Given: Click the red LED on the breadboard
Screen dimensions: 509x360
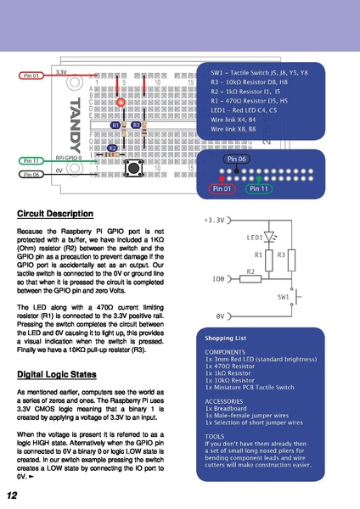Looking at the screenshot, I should (121, 103).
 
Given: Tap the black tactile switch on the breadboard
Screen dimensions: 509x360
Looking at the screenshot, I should (133, 165).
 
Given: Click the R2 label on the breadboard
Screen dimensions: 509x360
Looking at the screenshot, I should (112, 148).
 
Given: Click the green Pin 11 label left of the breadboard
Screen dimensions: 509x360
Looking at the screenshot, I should (31, 160).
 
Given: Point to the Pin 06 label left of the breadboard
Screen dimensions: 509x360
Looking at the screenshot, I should (31, 175).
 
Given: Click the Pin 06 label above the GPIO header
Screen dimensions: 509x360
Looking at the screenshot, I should (237, 159).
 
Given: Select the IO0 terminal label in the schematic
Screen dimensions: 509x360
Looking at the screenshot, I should (218, 277).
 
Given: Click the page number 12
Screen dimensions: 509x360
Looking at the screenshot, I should (13, 495).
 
